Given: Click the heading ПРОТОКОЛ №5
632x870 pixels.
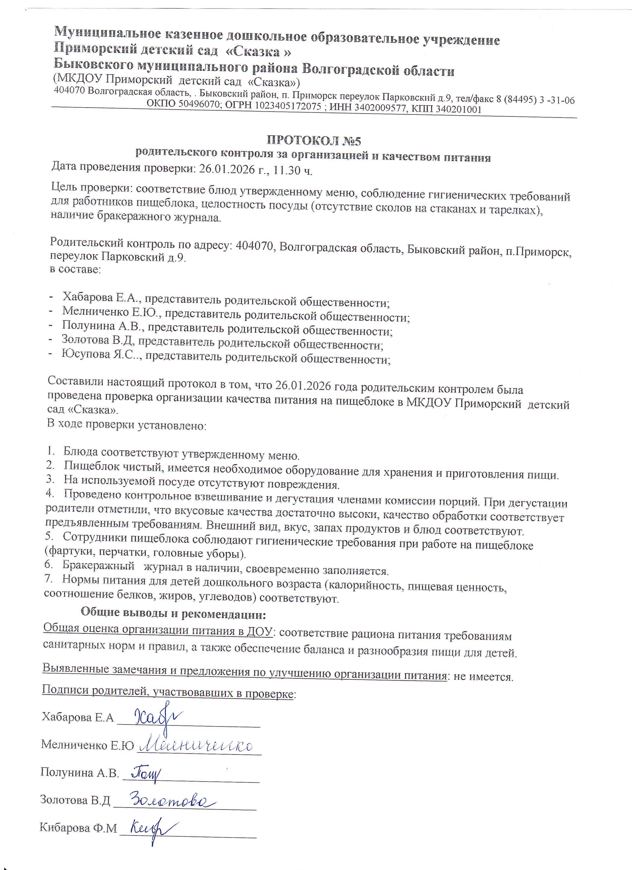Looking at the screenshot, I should click(314, 140).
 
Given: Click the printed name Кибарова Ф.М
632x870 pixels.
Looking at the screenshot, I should click(78, 827).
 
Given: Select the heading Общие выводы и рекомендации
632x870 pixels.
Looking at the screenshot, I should click(173, 613).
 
